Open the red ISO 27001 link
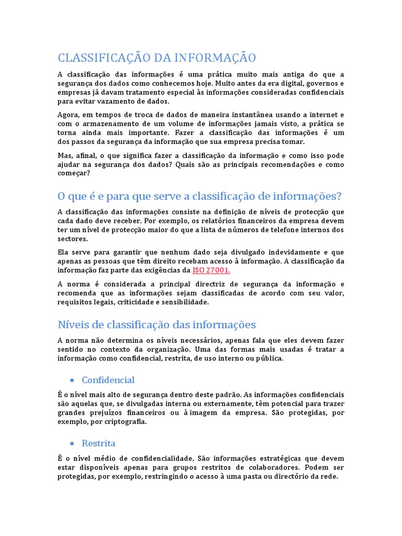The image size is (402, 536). tap(211, 270)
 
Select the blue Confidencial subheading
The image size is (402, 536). tap(108, 380)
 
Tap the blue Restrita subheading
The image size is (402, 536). tap(98, 443)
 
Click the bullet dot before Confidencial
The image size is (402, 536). tap(71, 381)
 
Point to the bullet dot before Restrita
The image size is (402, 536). tap(71, 443)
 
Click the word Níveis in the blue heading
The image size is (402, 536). tap(72, 325)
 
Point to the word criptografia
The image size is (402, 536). tap(125, 422)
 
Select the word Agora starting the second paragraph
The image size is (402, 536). tap(69, 115)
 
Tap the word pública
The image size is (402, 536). tap(270, 359)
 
